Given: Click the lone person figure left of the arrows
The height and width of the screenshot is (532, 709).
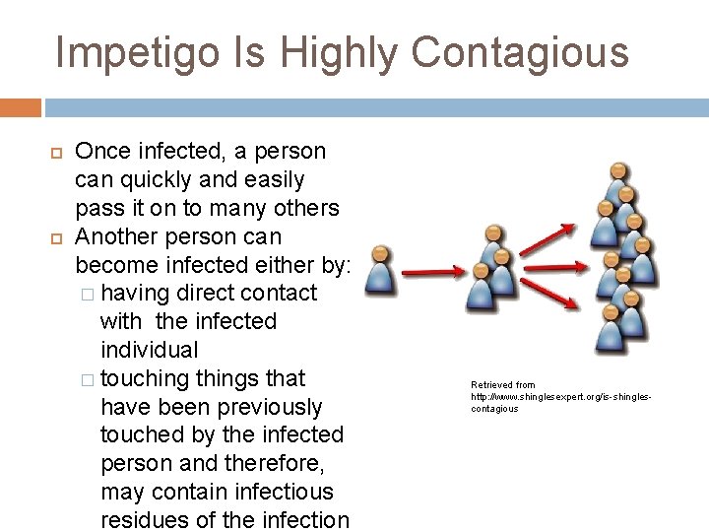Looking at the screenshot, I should click(380, 271).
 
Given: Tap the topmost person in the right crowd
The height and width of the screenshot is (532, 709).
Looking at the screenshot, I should click(618, 182).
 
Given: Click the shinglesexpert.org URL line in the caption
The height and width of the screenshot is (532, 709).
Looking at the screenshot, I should click(561, 397).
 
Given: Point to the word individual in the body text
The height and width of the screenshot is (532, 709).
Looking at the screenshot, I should click(150, 350).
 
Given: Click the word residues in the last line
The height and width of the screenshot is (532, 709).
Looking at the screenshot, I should click(144, 520).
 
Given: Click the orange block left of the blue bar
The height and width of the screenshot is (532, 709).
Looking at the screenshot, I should click(20, 107).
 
